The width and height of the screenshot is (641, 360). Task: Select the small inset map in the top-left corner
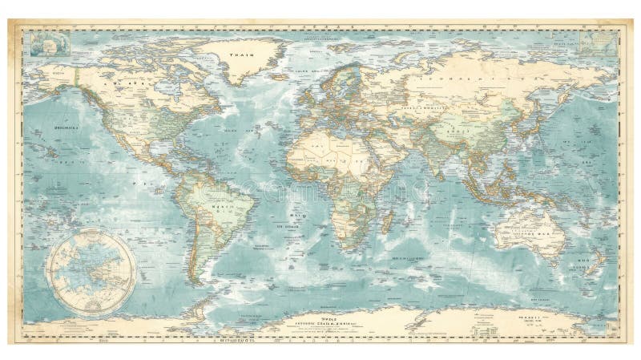[x=43, y=42]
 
